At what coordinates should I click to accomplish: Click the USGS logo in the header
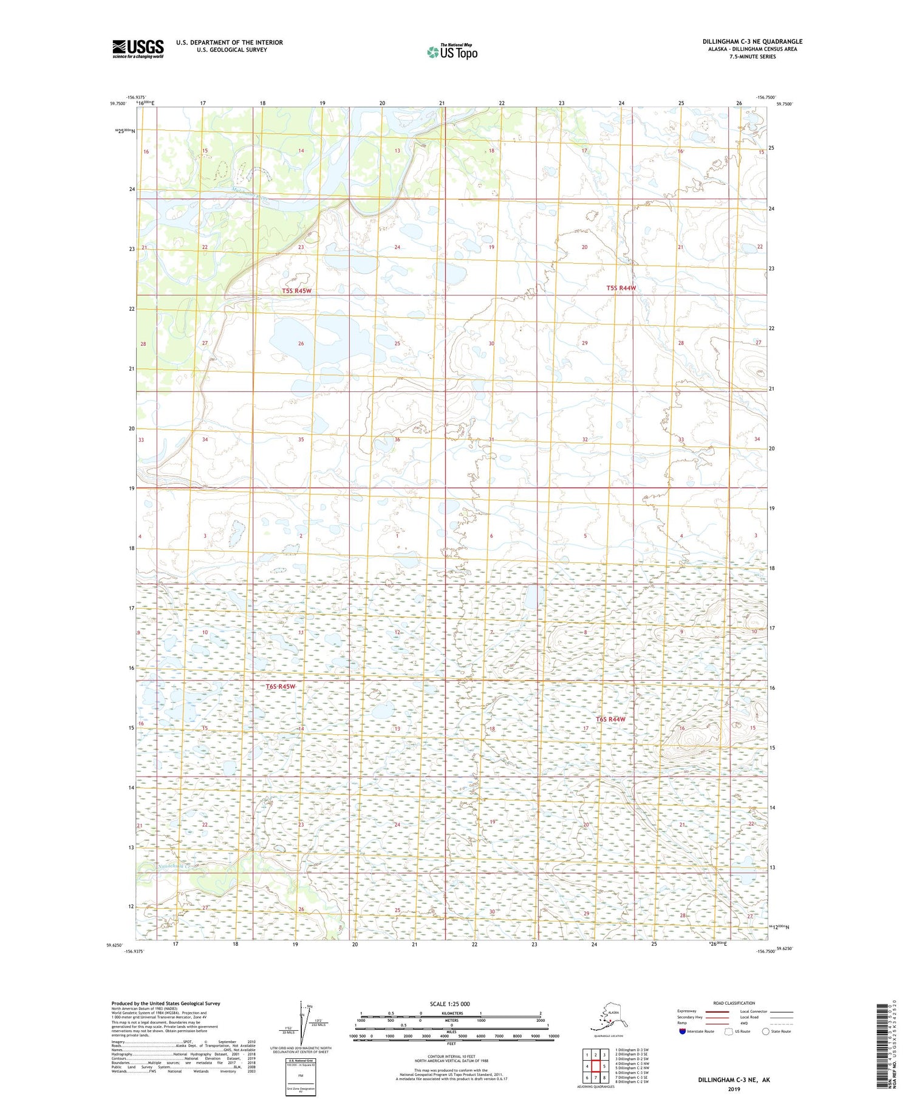click(x=138, y=48)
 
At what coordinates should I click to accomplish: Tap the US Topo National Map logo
click(x=452, y=52)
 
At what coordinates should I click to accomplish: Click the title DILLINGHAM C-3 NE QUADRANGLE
click(x=752, y=41)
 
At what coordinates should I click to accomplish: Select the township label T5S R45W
click(x=296, y=291)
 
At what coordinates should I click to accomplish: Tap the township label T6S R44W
click(x=610, y=720)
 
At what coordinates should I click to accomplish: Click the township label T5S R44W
click(x=621, y=288)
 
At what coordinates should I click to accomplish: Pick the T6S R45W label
click(x=280, y=687)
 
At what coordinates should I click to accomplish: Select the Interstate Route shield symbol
click(x=682, y=1031)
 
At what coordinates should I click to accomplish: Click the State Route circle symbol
click(x=766, y=1031)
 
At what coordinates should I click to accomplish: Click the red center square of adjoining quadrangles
click(x=596, y=1066)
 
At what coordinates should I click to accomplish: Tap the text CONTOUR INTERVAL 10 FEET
click(x=449, y=1056)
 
